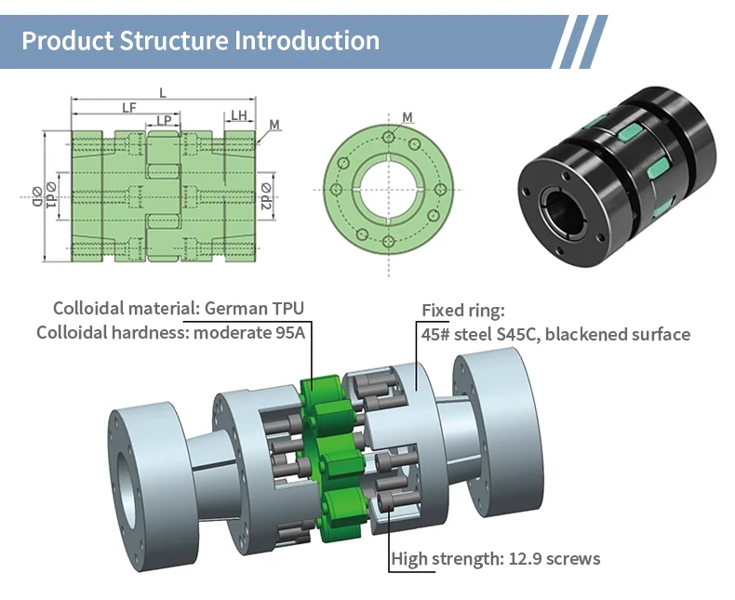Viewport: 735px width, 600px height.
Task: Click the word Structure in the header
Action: [173, 40]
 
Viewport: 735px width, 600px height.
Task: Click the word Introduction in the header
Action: [307, 40]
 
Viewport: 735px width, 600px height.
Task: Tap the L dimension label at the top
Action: [163, 93]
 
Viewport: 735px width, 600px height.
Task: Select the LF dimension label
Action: [129, 108]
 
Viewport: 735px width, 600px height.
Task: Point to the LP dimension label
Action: [164, 121]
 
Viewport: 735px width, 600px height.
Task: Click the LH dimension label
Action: [239, 115]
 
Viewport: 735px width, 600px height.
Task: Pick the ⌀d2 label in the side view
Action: [266, 196]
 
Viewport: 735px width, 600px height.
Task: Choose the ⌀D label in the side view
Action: [37, 197]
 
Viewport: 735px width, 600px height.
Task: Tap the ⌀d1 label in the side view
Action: [51, 194]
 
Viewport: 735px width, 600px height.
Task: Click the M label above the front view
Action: [408, 117]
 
